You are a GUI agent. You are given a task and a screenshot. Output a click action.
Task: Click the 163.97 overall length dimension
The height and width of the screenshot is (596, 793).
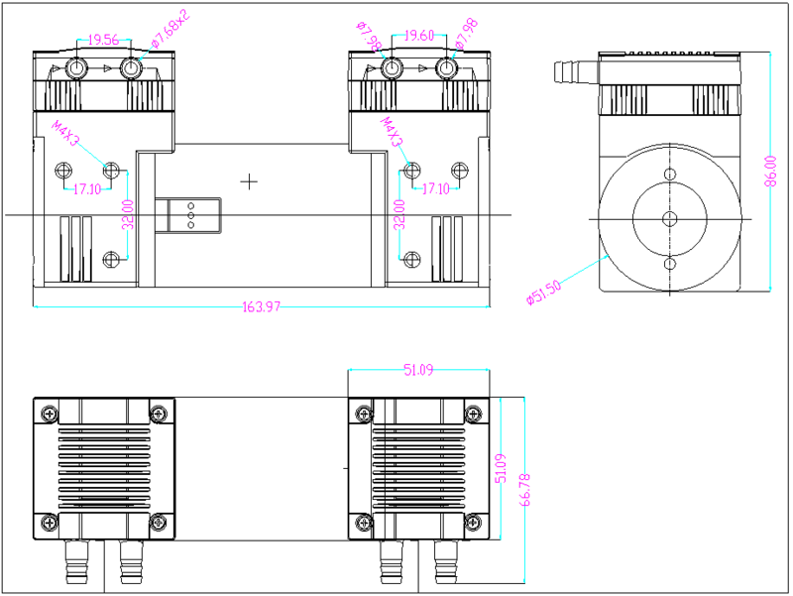(x=262, y=306)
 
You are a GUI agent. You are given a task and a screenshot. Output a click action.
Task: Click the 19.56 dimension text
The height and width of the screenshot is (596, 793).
(x=103, y=41)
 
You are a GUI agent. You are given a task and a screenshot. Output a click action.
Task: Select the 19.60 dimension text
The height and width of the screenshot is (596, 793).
(x=419, y=36)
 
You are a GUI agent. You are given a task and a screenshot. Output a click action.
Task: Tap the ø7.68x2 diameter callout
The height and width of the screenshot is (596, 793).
(x=170, y=31)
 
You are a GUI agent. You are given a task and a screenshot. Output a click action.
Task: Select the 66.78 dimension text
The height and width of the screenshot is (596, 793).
(x=527, y=490)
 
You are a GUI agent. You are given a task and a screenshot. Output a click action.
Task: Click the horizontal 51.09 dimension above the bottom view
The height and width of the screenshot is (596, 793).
(x=419, y=370)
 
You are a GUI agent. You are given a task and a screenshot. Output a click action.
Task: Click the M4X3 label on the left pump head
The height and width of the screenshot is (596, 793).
(x=66, y=132)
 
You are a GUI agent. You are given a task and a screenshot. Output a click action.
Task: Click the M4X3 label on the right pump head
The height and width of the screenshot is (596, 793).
(x=392, y=132)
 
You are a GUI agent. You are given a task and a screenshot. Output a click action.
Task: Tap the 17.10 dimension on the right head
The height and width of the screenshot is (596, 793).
(x=436, y=188)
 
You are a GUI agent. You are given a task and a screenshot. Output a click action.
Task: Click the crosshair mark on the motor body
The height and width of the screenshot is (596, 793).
(x=249, y=181)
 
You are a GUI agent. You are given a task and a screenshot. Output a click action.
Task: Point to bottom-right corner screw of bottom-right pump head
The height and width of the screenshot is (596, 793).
(x=474, y=522)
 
